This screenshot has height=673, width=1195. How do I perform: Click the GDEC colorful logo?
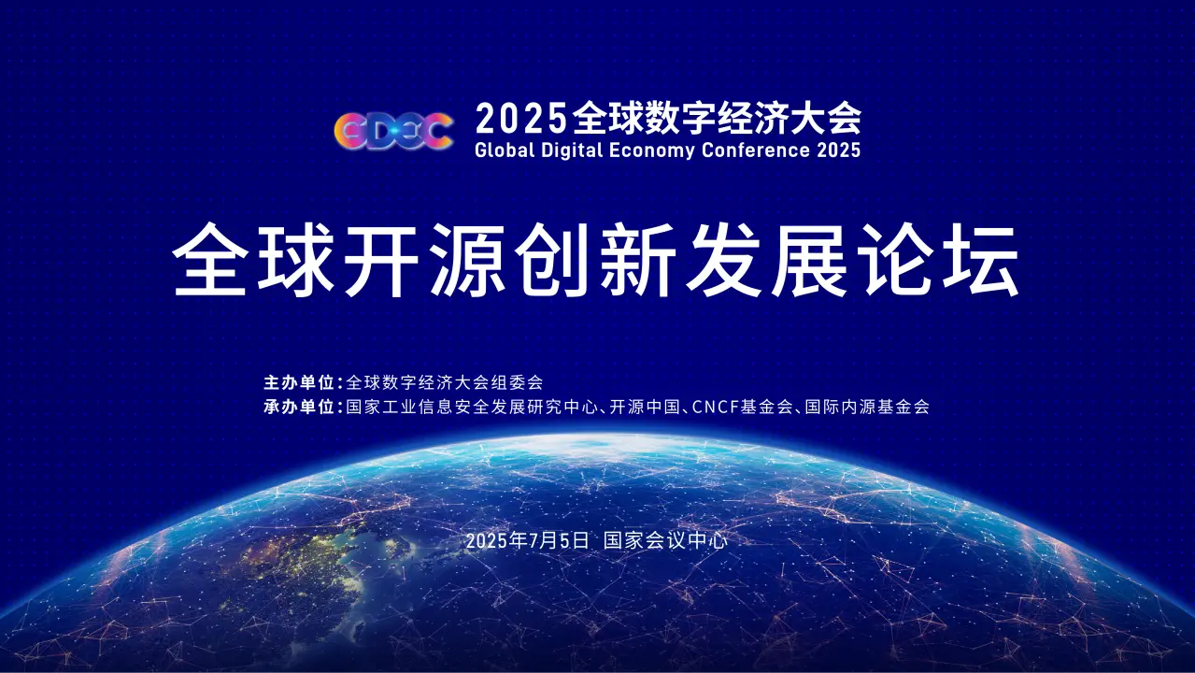click(393, 131)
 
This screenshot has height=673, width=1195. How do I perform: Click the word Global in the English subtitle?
click(505, 150)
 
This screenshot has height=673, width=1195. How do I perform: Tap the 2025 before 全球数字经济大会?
click(520, 118)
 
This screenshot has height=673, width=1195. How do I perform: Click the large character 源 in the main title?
click(467, 260)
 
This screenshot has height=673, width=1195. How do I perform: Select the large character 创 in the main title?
click(553, 260)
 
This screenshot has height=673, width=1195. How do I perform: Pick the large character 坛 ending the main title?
click(983, 260)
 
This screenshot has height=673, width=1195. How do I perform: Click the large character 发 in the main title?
click(724, 260)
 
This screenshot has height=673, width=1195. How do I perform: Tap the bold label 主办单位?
click(299, 382)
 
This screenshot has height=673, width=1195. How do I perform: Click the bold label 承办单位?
click(299, 407)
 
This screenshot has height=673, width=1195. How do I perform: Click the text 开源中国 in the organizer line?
click(645, 407)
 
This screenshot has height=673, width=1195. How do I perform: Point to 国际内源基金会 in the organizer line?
click(867, 407)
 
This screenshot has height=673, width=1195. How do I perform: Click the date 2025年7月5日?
click(527, 540)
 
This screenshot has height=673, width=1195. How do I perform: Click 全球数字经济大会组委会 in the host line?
click(445, 382)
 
